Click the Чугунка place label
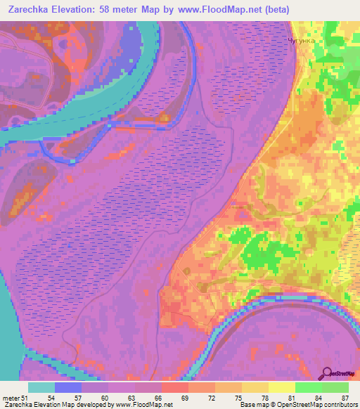[x=303, y=41]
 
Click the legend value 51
[x=27, y=398]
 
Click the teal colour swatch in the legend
[x=41, y=387]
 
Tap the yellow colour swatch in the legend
[x=282, y=387]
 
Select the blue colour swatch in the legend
[x=68, y=387]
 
